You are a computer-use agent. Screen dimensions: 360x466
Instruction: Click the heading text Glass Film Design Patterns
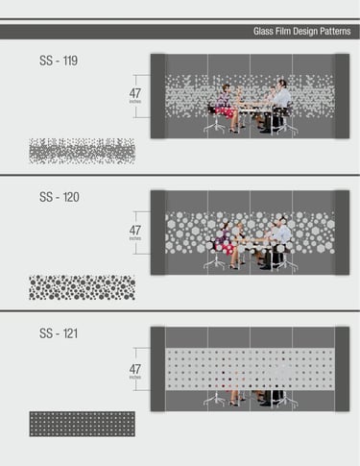(301, 32)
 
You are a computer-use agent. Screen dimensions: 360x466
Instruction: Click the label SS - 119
(59, 61)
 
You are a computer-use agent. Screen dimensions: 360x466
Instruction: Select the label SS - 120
(60, 197)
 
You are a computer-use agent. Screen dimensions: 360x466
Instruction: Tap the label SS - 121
(59, 333)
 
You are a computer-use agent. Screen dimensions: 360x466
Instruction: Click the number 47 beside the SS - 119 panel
(135, 93)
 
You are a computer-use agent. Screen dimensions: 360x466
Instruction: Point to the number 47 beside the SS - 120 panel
(135, 230)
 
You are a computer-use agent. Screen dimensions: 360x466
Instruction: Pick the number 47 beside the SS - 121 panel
(135, 369)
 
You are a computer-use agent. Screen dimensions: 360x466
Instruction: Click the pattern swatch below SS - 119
(82, 151)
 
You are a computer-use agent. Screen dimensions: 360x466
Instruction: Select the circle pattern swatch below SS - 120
(82, 287)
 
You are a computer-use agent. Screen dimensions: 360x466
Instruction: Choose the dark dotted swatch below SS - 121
(83, 424)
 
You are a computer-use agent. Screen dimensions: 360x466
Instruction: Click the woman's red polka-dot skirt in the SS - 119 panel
(226, 112)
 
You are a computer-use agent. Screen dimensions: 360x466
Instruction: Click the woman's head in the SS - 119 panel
(226, 88)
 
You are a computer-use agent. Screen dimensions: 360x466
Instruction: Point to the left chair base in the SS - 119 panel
(216, 126)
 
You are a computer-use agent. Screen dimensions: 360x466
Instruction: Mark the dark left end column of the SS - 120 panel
(158, 233)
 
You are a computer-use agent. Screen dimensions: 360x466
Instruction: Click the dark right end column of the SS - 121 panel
(342, 369)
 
